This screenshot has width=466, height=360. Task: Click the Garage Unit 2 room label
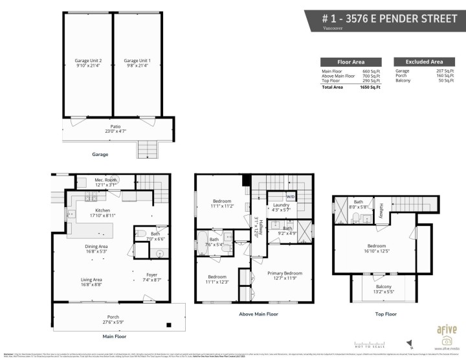tap(88, 63)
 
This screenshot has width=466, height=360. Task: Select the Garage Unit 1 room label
tap(137, 63)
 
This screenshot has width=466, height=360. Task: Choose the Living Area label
tap(91, 282)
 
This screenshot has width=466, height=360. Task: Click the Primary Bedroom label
tap(285, 276)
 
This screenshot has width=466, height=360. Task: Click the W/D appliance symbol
tap(291, 196)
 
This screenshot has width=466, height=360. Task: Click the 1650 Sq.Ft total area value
tap(370, 86)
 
